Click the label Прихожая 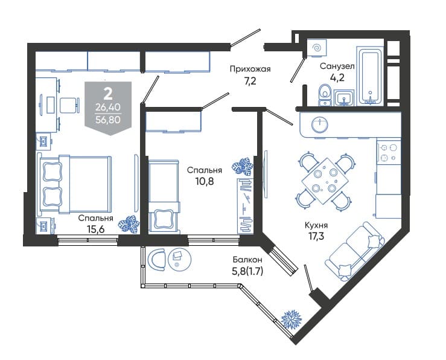250,69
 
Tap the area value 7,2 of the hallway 250,81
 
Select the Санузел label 337,66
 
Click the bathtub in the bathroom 369,76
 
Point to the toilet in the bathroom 325,95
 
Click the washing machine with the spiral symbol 317,48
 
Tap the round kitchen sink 320,124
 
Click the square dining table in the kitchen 324,181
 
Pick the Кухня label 316,225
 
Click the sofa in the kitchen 356,251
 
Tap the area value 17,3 316,236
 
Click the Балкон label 247,260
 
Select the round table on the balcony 180,259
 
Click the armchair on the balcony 157,260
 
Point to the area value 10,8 205,181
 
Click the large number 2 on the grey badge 107,94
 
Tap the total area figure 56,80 108,120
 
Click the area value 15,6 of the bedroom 95,228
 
